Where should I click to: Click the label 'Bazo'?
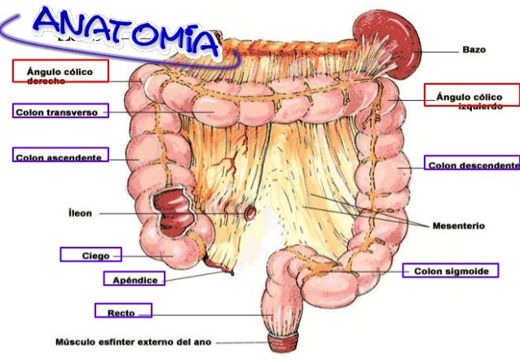474,50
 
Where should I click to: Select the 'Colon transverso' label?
56,112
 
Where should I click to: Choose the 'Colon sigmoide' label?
450,270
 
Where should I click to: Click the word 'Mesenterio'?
458,226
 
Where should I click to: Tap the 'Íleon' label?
79,213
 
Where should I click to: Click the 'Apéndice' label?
134,279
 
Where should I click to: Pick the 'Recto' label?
121,311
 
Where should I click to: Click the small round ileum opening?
250,212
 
